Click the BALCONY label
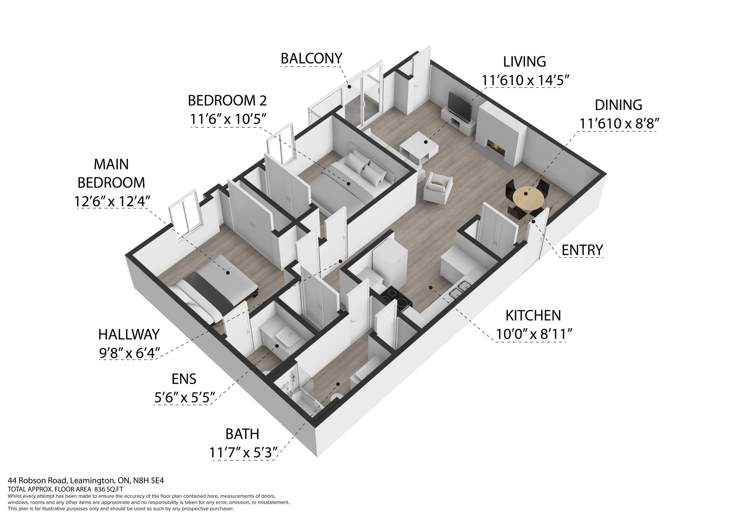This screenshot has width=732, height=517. (x=311, y=58)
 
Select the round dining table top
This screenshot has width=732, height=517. (x=528, y=195)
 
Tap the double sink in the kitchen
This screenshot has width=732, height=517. (x=460, y=290)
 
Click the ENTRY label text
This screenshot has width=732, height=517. (x=582, y=250)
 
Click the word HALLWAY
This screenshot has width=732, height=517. (x=129, y=335)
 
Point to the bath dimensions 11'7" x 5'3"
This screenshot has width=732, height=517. (x=243, y=453)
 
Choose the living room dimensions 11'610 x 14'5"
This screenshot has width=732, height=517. (x=524, y=80)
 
